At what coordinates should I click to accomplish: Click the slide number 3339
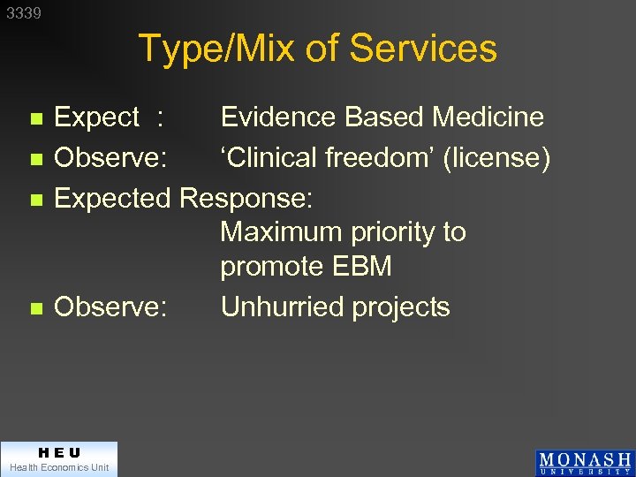24,13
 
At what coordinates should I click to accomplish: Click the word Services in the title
424,49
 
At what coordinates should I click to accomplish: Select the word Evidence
278,117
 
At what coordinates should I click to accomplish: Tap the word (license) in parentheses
496,158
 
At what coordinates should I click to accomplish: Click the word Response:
246,198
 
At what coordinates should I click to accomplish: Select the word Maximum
282,232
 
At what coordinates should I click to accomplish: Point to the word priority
393,233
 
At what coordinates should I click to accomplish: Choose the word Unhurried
287,307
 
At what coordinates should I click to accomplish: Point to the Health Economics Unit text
58,467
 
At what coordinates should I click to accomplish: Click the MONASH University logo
584,463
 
